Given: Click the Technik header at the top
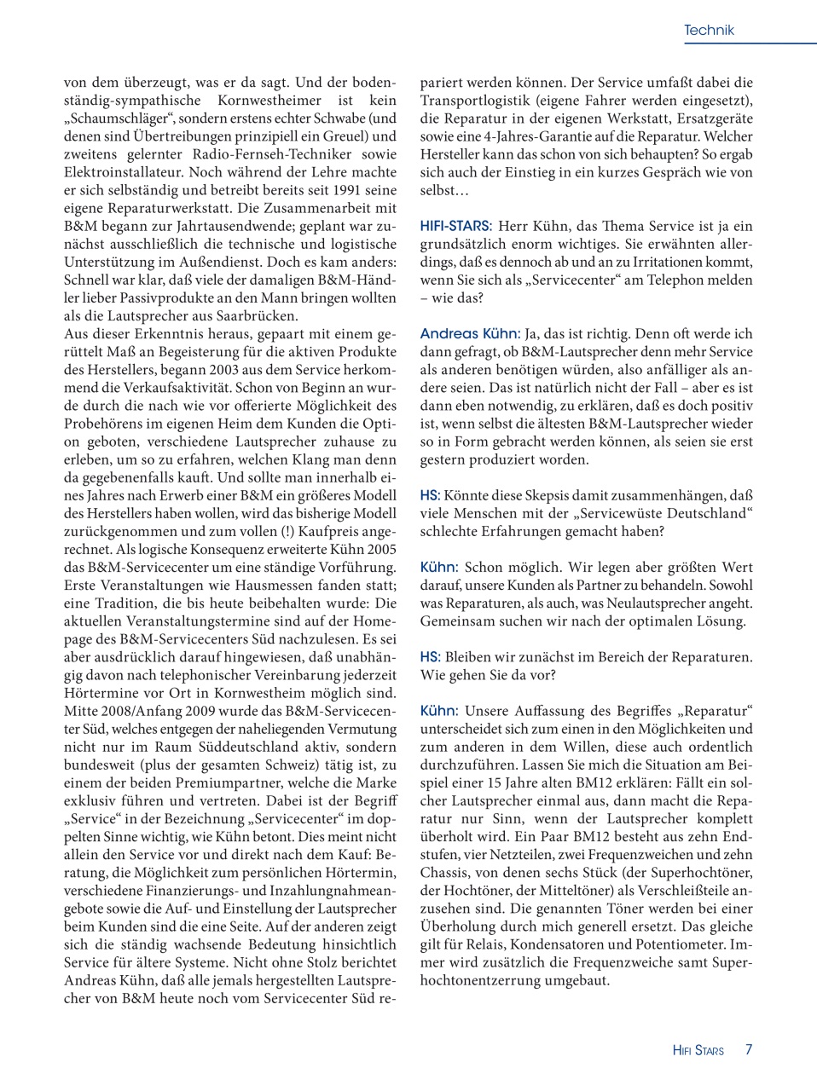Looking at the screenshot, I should [x=708, y=31].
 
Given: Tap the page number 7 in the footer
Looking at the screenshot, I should [x=749, y=1049].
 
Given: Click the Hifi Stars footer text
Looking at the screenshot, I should [x=698, y=1050].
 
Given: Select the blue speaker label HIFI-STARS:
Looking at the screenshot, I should [x=455, y=227].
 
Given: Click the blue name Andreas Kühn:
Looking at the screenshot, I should [x=469, y=334].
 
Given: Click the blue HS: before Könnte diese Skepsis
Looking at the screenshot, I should [x=430, y=495].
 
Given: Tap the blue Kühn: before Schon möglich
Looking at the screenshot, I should [x=439, y=568].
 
